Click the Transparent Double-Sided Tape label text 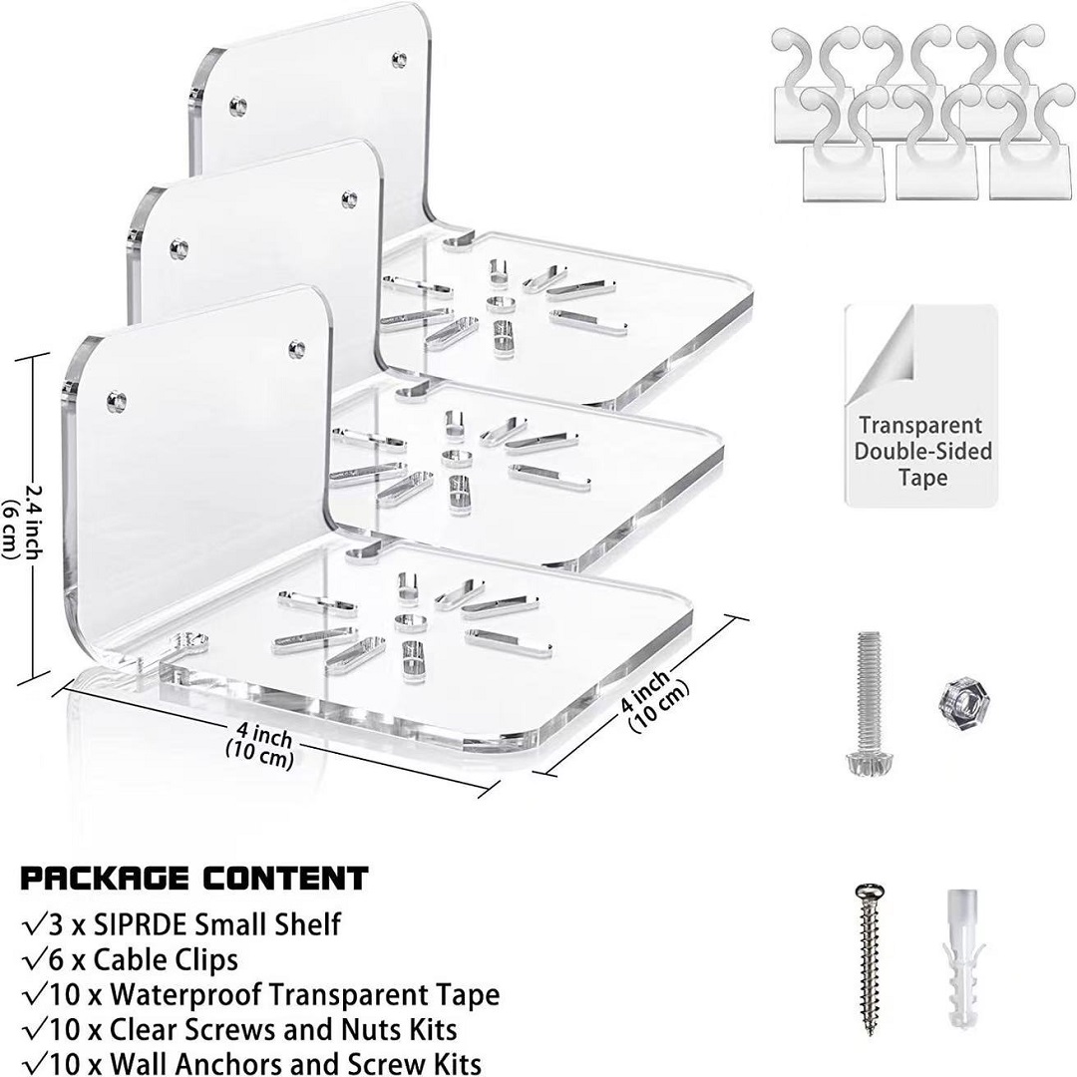tap(922, 452)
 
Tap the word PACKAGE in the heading tap(105, 879)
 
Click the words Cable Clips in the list tap(166, 959)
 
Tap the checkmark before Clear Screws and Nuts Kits tap(34, 1029)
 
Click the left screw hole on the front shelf tap(116, 401)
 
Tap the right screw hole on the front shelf tap(297, 348)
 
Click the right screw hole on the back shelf tap(398, 60)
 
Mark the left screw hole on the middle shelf tap(179, 247)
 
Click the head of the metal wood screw tap(870, 892)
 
